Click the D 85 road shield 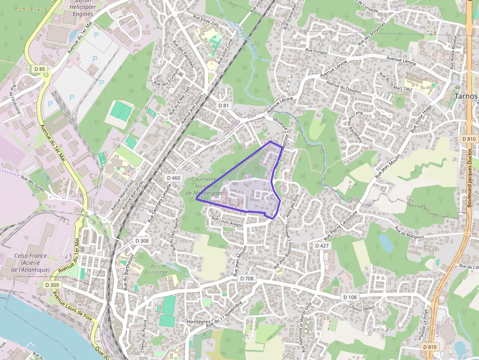(x=40, y=69)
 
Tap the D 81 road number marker (x=223, y=106)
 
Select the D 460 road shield (x=173, y=178)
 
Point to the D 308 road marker (x=142, y=241)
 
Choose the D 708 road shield (x=247, y=278)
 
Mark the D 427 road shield (x=322, y=246)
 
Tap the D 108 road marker (x=350, y=297)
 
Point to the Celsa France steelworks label (x=30, y=262)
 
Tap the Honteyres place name (x=198, y=322)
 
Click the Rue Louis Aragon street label (x=227, y=220)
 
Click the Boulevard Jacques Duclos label (x=470, y=176)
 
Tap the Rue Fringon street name (x=316, y=51)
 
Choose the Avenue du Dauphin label (x=344, y=88)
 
